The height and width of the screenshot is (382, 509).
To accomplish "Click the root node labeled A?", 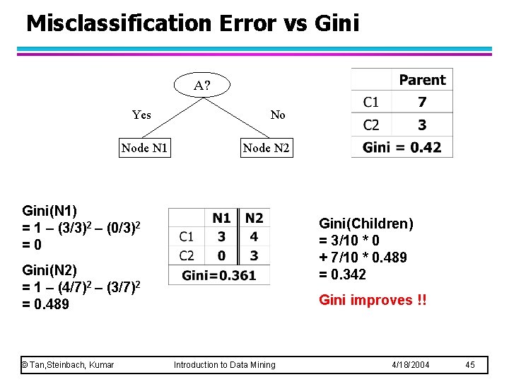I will [x=202, y=86].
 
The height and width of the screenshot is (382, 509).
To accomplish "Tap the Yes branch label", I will [x=141, y=115].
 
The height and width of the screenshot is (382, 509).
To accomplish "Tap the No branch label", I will [x=278, y=115].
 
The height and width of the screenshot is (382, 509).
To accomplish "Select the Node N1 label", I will [x=144, y=148].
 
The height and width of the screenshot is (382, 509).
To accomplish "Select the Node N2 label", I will [x=266, y=148].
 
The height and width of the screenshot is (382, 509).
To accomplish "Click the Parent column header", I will [x=422, y=80].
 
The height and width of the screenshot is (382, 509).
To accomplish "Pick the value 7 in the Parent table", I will [x=422, y=103].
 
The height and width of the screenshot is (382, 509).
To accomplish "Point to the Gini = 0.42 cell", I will [x=402, y=147].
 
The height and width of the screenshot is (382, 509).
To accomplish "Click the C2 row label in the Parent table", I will [x=371, y=125].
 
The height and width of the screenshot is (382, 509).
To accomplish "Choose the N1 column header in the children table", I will [x=222, y=218].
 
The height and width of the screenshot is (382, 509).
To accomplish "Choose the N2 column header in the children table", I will [x=254, y=218].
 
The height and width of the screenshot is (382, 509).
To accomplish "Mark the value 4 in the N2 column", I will [x=254, y=236].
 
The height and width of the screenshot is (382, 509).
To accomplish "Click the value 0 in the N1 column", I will [x=222, y=255].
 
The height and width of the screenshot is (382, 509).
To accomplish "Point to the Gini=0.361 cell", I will [x=219, y=275].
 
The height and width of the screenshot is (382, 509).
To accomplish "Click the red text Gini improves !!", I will [x=373, y=300].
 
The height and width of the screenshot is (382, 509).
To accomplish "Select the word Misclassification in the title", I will [x=118, y=23].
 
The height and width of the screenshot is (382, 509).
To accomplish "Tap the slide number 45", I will [x=471, y=365].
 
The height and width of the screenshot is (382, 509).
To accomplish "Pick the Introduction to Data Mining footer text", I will [x=225, y=365].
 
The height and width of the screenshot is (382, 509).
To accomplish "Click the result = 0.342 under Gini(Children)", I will [x=343, y=274].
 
